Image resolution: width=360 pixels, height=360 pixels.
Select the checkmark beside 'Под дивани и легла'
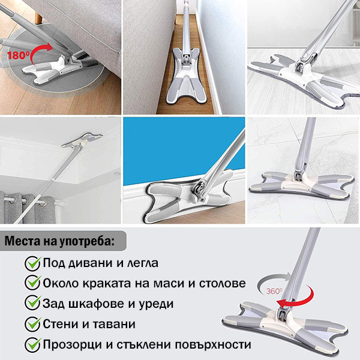tap(32, 263)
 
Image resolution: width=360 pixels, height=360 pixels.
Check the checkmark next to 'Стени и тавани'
tap(32, 324)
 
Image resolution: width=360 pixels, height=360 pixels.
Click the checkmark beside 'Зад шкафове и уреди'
tap(32, 304)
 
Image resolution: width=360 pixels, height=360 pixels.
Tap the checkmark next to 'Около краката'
tap(32, 283)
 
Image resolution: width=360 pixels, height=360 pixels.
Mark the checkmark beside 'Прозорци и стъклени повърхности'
tap(32, 345)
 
